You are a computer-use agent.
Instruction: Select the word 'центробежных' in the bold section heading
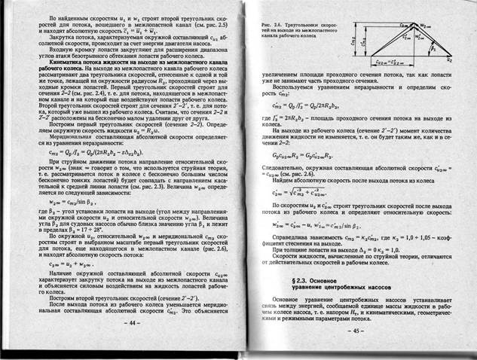(x=345, y=289)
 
